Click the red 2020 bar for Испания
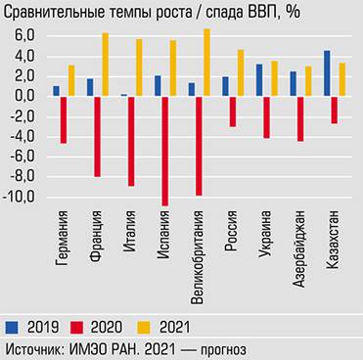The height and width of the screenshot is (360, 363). coord(164,151)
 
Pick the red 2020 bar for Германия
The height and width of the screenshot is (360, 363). coord(64,119)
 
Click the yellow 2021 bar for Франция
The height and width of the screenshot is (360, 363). coord(105,65)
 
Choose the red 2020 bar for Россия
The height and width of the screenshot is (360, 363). coord(232,111)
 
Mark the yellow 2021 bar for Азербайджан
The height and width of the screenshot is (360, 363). coord(309,81)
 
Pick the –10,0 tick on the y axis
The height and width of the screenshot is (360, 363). coord(20,197)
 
